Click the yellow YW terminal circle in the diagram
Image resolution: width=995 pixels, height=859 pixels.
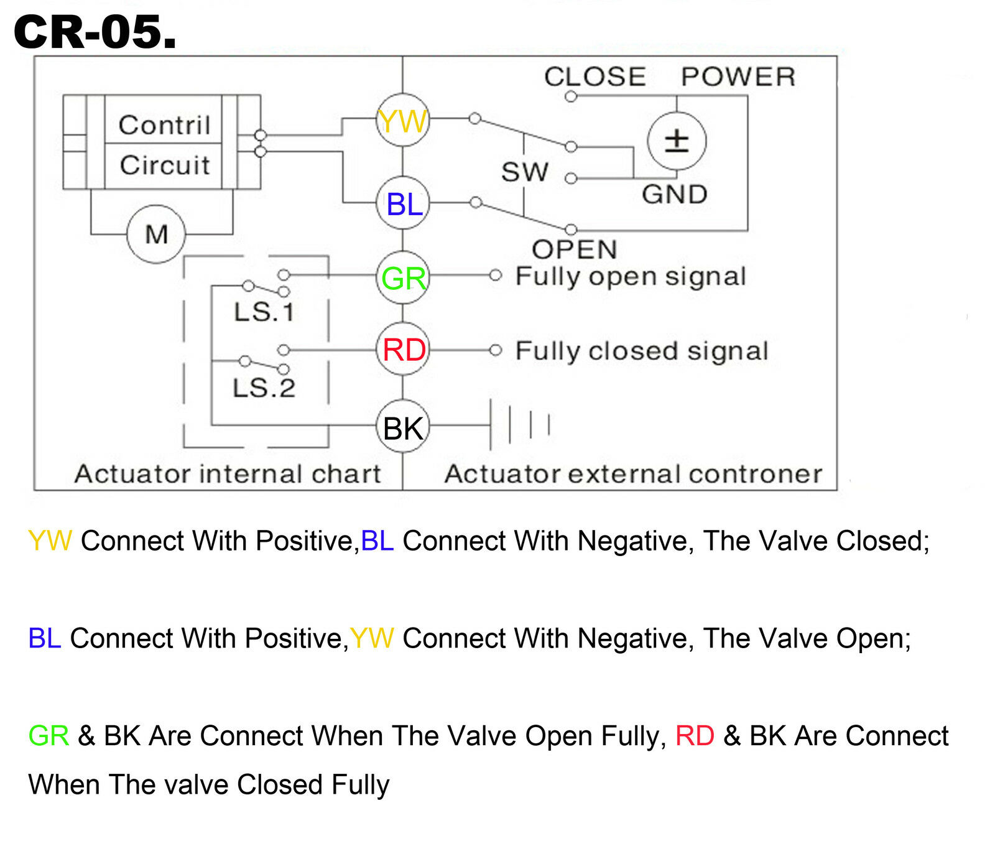(403, 121)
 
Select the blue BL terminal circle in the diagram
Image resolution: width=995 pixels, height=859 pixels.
(403, 203)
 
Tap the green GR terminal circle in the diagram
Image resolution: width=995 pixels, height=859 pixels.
(403, 277)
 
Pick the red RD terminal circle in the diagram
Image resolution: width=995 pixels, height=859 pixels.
(403, 350)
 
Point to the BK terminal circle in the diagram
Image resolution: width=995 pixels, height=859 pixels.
(403, 428)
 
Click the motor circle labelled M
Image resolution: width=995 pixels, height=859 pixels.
(156, 234)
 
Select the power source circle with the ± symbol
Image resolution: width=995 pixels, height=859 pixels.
(677, 141)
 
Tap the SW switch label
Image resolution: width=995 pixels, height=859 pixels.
(525, 172)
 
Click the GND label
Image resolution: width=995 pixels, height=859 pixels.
(675, 194)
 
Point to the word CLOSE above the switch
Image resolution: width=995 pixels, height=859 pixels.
(595, 77)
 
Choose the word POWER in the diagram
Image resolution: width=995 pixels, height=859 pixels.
(738, 77)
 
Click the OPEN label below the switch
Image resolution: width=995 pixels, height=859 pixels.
(575, 249)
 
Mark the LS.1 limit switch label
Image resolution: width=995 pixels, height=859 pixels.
(264, 312)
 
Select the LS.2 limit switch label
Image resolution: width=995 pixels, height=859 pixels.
(264, 388)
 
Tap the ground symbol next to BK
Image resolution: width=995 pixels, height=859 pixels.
(521, 425)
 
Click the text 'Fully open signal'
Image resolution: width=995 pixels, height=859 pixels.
(631, 277)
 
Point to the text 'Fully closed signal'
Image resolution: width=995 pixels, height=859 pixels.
(642, 351)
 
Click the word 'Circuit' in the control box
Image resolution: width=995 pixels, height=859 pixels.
(165, 165)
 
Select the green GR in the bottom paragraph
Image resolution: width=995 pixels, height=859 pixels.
(49, 736)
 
